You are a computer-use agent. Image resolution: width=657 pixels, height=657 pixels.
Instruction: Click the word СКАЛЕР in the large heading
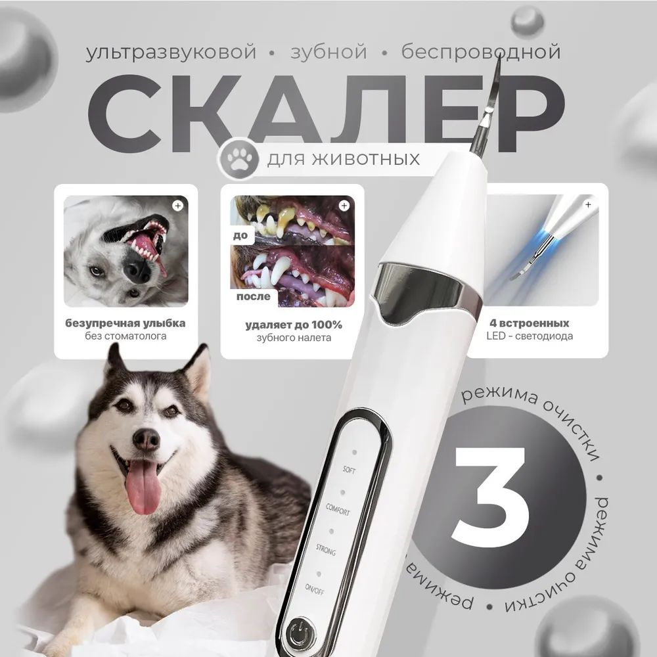(x=326, y=114)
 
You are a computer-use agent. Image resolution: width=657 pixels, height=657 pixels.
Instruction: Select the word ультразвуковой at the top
(x=171, y=53)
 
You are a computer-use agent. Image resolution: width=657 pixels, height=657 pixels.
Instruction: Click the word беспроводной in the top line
(x=481, y=52)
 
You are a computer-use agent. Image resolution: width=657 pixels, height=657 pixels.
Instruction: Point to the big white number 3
(x=489, y=497)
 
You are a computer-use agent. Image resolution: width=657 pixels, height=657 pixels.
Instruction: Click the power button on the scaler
(x=300, y=632)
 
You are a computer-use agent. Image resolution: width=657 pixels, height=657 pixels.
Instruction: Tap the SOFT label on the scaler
(x=349, y=470)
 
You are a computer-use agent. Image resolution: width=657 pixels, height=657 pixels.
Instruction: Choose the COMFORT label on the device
(x=338, y=510)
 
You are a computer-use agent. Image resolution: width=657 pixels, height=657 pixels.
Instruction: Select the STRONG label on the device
(x=326, y=549)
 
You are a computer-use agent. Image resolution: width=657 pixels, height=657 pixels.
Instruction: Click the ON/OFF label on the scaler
(x=314, y=589)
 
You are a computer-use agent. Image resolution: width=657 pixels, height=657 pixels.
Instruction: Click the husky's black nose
(x=147, y=440)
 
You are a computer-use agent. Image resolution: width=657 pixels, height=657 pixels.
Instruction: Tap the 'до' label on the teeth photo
(x=240, y=235)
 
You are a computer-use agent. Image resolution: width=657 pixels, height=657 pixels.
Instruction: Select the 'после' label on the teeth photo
(x=254, y=296)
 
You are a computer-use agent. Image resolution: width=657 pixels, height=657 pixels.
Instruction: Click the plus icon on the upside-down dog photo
(x=178, y=206)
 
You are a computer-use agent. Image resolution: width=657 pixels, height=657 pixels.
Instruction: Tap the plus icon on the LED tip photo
(x=588, y=204)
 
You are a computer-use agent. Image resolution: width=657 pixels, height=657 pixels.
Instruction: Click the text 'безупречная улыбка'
(x=125, y=323)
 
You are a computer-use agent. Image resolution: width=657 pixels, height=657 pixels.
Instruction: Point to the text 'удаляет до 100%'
(x=294, y=325)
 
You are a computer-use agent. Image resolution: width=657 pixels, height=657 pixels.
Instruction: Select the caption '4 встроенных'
(x=529, y=323)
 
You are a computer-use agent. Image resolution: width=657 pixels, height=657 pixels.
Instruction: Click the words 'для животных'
(x=344, y=159)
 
